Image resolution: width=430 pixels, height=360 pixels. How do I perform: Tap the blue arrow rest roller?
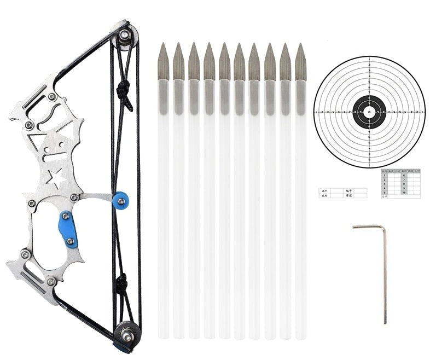(x=120, y=200)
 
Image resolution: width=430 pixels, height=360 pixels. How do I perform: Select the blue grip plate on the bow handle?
(x=68, y=230)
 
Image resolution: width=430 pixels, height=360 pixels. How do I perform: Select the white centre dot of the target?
(x=369, y=112)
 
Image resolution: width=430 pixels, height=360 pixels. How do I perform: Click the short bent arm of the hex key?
(x=368, y=227)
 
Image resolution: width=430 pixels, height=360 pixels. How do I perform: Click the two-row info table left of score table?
(x=342, y=193)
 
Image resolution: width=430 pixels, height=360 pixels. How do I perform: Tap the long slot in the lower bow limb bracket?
(x=33, y=276)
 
